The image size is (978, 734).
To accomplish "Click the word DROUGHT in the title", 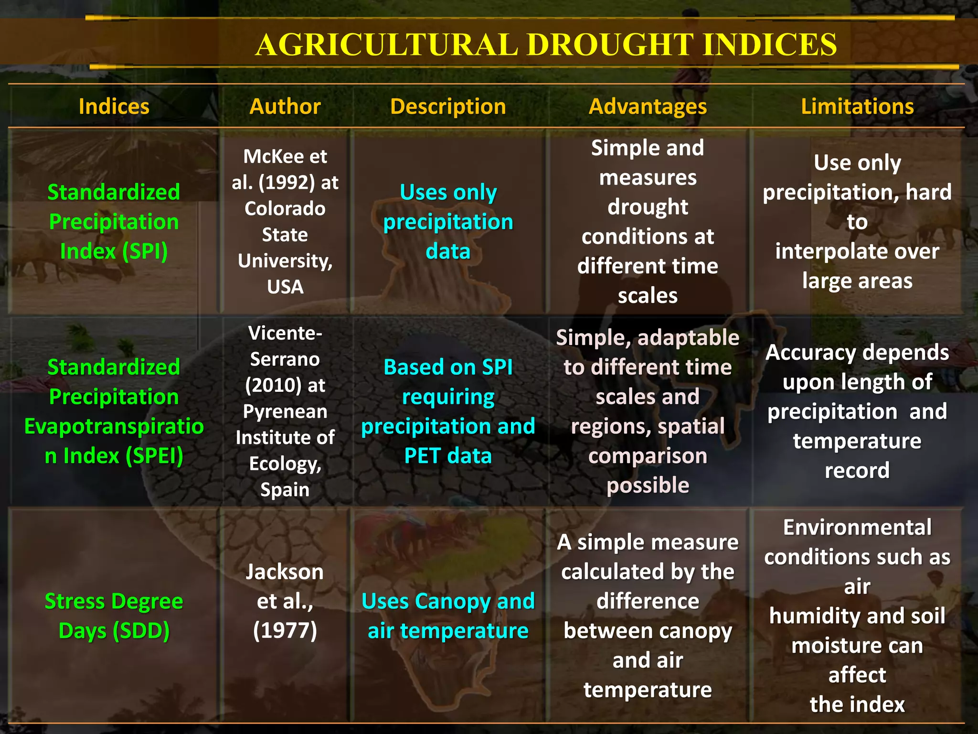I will pos(610,45).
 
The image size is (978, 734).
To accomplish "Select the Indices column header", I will pos(114,106).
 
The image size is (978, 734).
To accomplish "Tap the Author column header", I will pos(285,106).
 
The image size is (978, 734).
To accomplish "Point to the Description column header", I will pos(448,106).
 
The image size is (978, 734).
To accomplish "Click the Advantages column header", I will pos(648,106).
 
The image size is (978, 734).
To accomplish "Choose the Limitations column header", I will pos(857,106).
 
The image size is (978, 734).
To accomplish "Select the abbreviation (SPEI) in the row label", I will pos(154,456).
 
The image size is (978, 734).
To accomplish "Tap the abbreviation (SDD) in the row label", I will pos(141,631).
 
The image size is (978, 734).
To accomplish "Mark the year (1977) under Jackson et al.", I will pos(285,631).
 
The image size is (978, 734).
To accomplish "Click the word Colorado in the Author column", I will pos(285,209).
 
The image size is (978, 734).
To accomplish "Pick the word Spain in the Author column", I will pos(285,490).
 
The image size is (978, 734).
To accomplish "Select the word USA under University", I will pos(285,287).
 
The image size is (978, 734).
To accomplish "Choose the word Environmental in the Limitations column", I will pos(857,528).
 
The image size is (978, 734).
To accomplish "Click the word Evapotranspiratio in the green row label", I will pos(114,426).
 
